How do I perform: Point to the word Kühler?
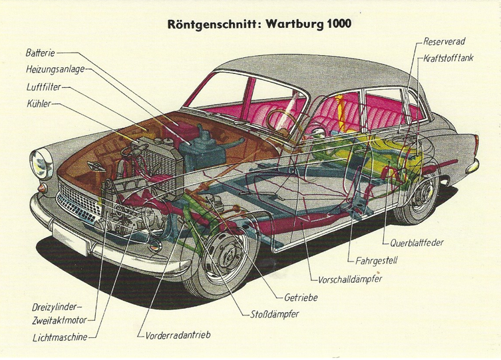click(39, 104)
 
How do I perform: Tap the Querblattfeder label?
click(417, 243)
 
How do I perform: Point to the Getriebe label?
click(301, 297)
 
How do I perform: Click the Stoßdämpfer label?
click(274, 313)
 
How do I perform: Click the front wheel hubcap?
click(226, 255)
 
